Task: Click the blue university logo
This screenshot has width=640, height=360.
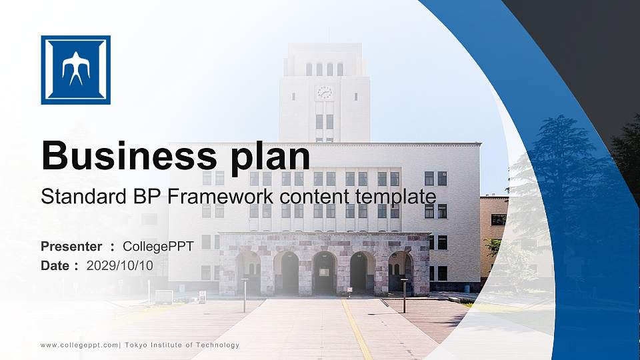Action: tap(75, 70)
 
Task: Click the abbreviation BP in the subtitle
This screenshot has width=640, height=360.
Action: tap(148, 197)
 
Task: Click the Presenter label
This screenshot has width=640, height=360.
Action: tap(71, 247)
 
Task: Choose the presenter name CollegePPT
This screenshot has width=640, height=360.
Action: tap(158, 247)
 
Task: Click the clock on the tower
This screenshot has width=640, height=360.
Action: tap(325, 92)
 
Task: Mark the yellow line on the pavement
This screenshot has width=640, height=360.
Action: tap(357, 330)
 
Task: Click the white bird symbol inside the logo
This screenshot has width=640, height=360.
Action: tap(75, 69)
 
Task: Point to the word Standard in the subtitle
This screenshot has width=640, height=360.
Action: tap(75, 197)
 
